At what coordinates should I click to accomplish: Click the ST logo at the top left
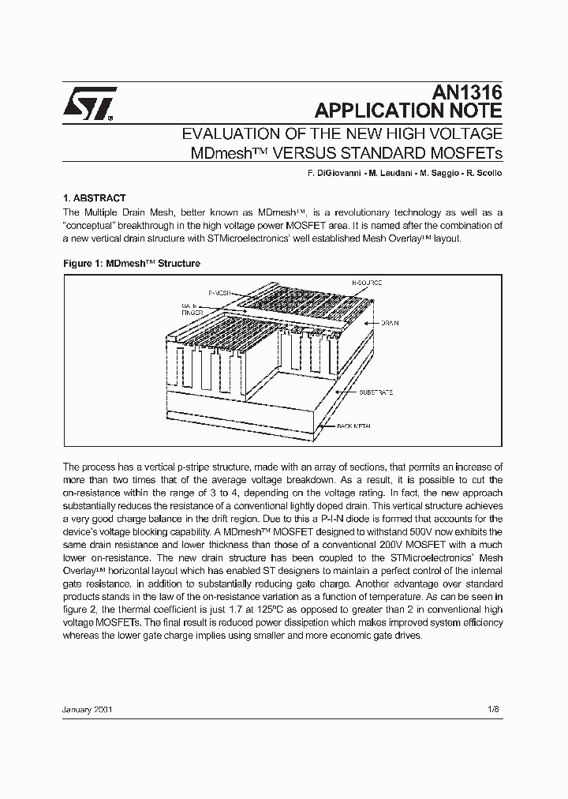pos(90,103)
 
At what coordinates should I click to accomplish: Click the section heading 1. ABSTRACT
pos(94,198)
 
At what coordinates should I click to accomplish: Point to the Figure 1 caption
pos(131,263)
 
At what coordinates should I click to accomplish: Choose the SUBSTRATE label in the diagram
pos(376,392)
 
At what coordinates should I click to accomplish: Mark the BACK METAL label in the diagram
pos(354,426)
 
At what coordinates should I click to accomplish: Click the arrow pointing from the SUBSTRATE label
pos(346,392)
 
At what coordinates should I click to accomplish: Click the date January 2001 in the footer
pos(88,709)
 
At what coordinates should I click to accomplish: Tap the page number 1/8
pos(493,709)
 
